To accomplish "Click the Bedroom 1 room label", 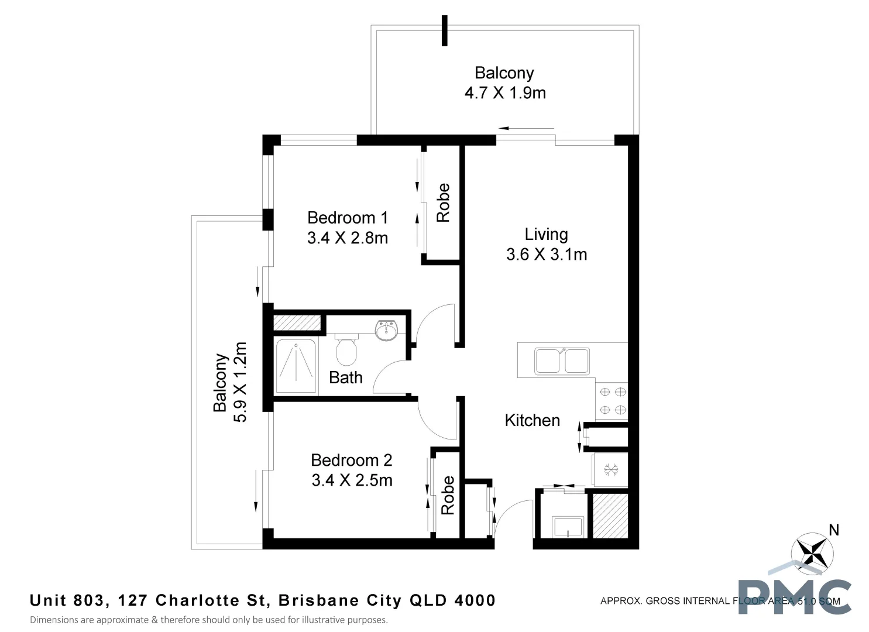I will click(348, 218).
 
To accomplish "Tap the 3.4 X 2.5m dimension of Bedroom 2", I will click(352, 480).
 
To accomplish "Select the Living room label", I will click(546, 234).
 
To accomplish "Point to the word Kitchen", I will click(532, 420).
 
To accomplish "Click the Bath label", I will click(345, 377).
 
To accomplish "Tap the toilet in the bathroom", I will click(346, 349).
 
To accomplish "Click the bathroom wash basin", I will click(386, 331).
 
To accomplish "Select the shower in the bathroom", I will click(296, 366).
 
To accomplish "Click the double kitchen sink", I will click(561, 360).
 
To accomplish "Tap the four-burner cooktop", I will click(612, 401).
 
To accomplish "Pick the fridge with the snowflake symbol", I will click(611, 469).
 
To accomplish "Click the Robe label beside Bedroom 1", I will click(443, 202).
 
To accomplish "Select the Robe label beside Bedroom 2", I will click(448, 495).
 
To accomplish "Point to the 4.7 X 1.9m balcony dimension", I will click(504, 93).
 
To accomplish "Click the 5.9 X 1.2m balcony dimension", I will click(240, 382).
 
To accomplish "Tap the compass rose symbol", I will click(812, 552).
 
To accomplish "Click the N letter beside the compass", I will click(834, 530).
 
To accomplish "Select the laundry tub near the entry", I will click(568, 526).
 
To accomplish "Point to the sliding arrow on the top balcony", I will click(526, 128).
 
